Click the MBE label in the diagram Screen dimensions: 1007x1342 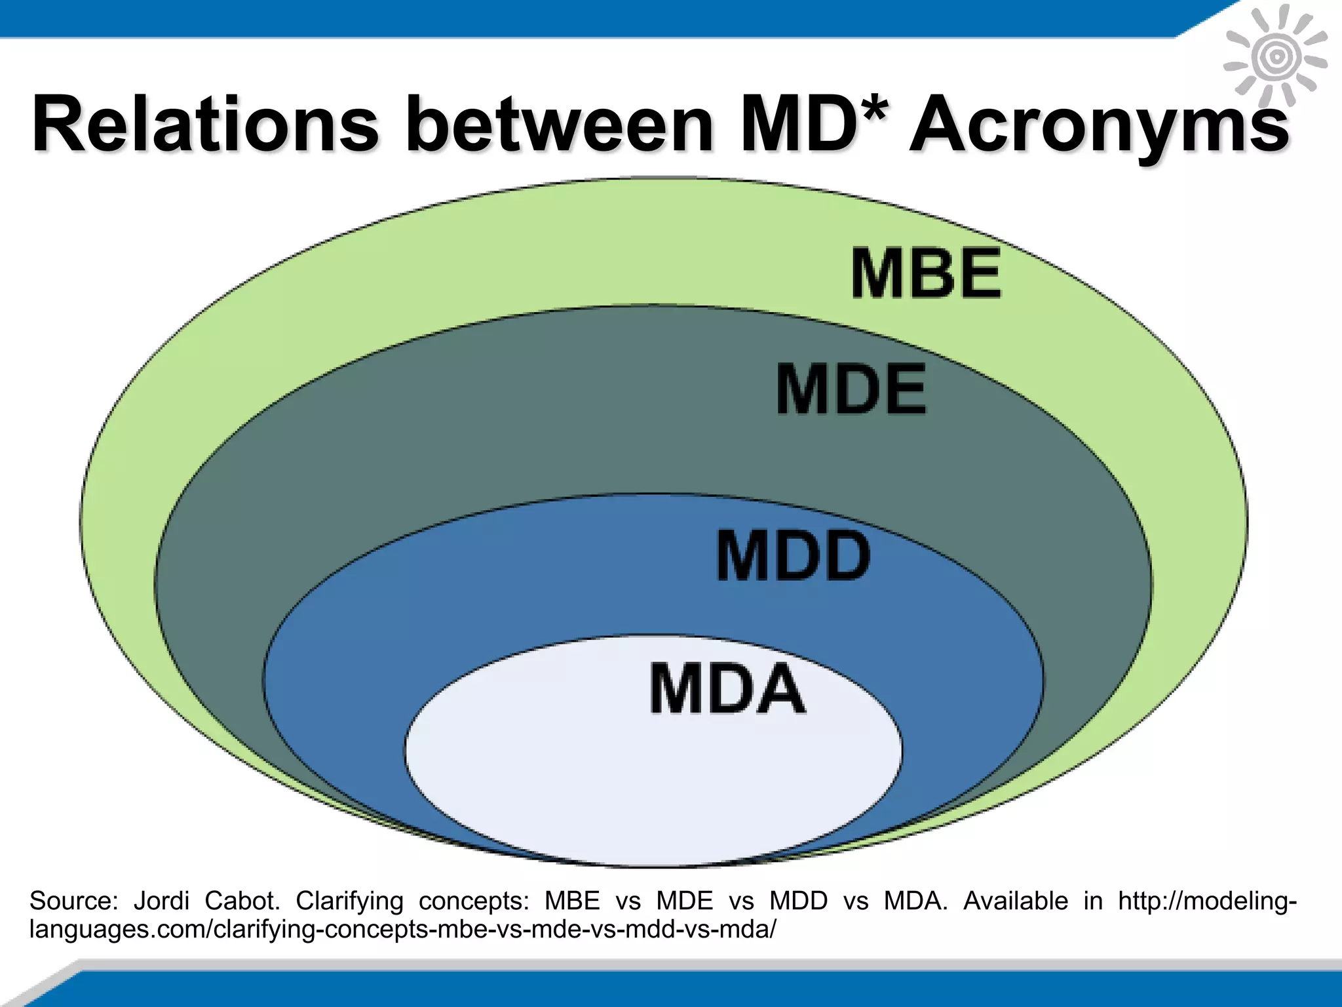tap(926, 273)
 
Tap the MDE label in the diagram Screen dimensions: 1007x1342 tap(851, 391)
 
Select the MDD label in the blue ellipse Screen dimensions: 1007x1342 tap(793, 557)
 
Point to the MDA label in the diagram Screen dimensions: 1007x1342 tap(727, 688)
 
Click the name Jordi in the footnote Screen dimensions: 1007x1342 tap(161, 901)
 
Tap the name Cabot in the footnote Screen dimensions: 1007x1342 tap(242, 901)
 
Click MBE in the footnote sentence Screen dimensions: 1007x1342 tap(572, 901)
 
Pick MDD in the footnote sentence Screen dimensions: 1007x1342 tap(799, 901)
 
